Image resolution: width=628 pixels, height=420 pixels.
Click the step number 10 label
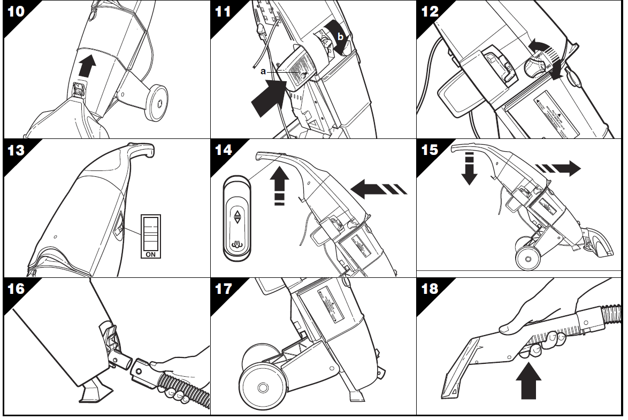(16, 12)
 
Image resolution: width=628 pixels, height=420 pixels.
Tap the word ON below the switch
(151, 254)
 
